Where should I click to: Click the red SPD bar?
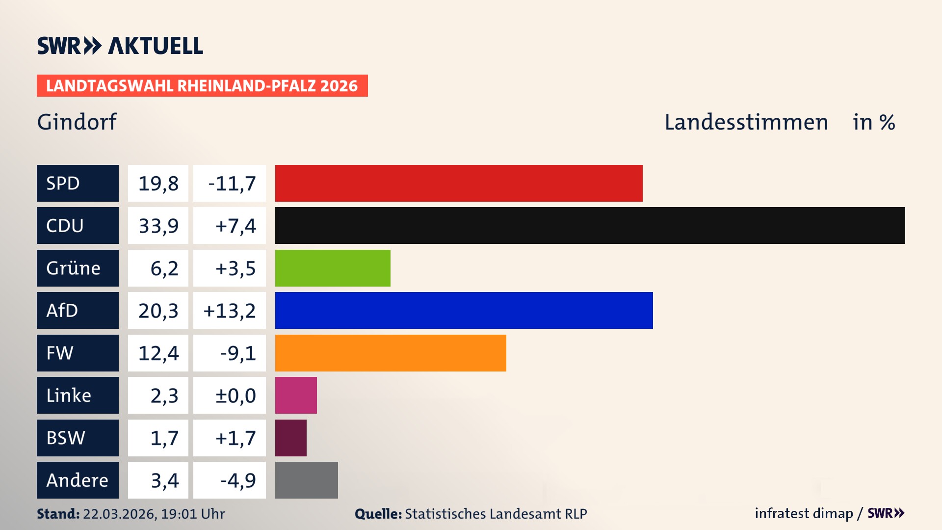click(x=459, y=183)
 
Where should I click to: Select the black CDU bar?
click(x=590, y=226)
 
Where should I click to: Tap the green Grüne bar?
click(x=333, y=268)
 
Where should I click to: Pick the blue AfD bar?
click(x=464, y=310)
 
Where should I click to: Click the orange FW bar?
click(x=391, y=353)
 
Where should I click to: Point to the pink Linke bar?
click(x=296, y=395)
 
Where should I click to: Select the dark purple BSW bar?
click(x=290, y=438)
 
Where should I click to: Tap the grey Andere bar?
click(x=306, y=480)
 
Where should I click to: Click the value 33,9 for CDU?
click(x=158, y=226)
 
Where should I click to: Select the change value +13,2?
click(x=230, y=310)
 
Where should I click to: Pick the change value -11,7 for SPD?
click(x=232, y=183)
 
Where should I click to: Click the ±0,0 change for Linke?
click(x=235, y=395)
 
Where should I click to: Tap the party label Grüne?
click(x=74, y=268)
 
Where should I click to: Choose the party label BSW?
click(x=66, y=438)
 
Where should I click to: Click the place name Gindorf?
click(x=77, y=122)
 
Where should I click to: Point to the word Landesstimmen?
click(x=746, y=122)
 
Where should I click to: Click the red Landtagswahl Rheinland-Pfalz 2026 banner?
click(x=202, y=86)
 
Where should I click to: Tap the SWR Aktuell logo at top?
click(x=120, y=46)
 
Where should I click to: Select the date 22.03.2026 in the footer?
click(x=119, y=514)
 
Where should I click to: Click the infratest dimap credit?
click(x=804, y=513)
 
